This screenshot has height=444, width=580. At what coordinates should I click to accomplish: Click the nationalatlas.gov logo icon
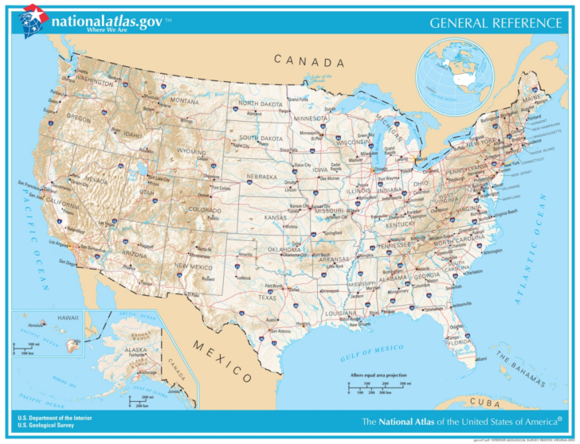click(34, 19)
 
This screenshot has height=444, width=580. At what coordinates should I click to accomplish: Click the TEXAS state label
click(267, 298)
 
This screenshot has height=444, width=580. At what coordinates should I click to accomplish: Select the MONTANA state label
click(184, 102)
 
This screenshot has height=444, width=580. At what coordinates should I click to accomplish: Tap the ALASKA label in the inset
click(135, 350)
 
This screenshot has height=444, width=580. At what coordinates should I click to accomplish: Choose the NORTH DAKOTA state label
click(259, 104)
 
